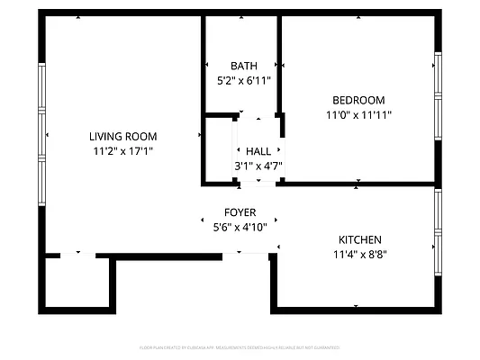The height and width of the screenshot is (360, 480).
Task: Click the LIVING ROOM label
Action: (x=122, y=136)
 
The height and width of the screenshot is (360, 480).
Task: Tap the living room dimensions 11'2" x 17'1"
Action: (x=122, y=150)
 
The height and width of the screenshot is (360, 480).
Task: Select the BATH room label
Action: (x=243, y=66)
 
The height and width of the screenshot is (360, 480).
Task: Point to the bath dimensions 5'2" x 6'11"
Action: (x=243, y=80)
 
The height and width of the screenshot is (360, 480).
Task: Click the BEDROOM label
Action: (x=358, y=100)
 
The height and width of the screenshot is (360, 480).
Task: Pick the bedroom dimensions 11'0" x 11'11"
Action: (x=358, y=114)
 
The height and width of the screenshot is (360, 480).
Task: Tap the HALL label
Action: (x=258, y=152)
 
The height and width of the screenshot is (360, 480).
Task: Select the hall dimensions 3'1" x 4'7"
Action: (x=258, y=166)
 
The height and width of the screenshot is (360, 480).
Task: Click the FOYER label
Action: (x=240, y=212)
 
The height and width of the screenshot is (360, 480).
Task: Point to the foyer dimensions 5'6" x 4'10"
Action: (x=240, y=227)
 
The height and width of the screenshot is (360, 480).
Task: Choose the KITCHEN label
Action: (x=359, y=239)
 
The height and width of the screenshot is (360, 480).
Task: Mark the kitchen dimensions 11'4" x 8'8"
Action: (x=359, y=254)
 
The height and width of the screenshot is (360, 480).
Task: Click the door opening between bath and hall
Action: (x=258, y=116)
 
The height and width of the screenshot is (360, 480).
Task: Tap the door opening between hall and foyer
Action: (x=258, y=183)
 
